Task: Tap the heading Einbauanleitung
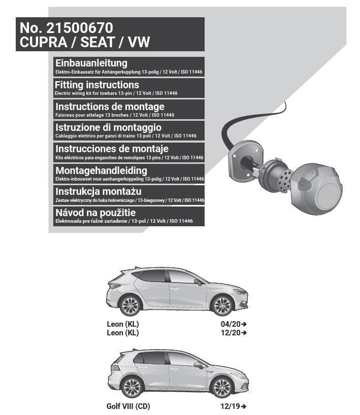[91, 63]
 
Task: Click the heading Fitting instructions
[97, 85]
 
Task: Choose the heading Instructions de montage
[110, 107]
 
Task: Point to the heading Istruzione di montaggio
[108, 128]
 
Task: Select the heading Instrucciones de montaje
[112, 149]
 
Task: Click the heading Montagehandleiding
[101, 170]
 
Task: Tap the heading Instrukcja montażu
[99, 192]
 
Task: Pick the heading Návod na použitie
[95, 213]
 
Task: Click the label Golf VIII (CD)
[128, 406]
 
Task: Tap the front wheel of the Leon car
[222, 305]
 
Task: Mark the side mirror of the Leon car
[198, 282]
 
